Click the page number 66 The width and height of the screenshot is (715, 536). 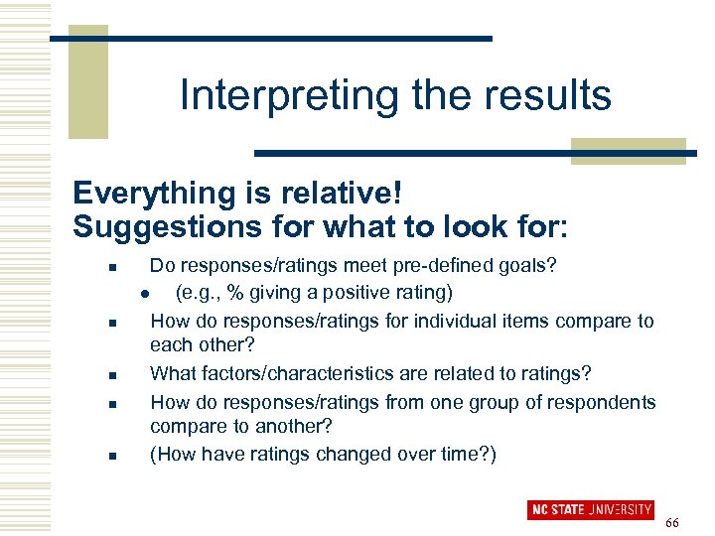[672, 522]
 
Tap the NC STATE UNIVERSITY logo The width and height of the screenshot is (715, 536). [590, 511]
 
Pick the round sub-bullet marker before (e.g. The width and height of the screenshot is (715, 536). [145, 293]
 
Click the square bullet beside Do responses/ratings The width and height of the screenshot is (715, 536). [113, 266]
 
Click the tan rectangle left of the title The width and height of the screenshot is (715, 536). [87, 84]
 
